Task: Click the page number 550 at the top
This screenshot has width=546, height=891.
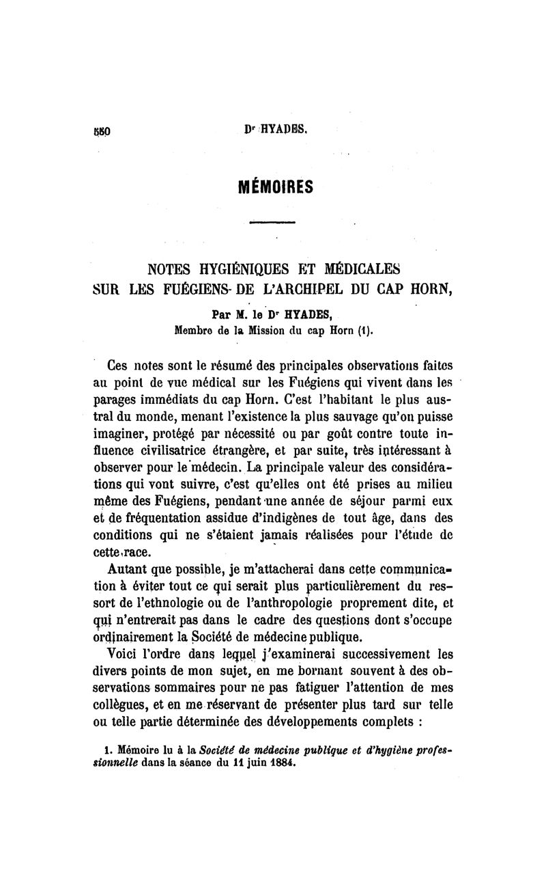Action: click(x=102, y=129)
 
